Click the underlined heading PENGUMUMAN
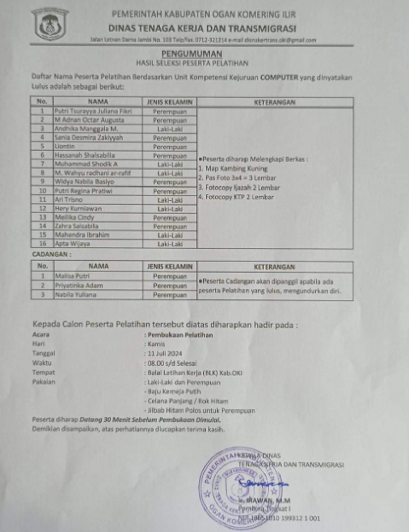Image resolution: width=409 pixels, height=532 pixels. point(192,54)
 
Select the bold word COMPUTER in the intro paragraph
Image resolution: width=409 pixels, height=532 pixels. point(279,77)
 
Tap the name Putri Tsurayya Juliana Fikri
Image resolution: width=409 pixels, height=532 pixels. point(93,111)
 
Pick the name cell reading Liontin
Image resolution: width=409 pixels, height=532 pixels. point(65,146)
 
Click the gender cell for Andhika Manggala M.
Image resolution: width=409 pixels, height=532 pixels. point(170,129)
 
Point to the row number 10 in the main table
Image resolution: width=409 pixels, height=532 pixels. point(42,191)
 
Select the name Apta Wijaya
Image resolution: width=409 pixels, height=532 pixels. point(72,244)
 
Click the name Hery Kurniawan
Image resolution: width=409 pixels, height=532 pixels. point(78,209)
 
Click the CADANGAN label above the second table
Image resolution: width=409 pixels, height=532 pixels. point(51,254)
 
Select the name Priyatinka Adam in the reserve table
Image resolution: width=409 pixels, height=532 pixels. point(79,286)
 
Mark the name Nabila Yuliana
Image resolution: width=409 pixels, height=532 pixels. point(76,295)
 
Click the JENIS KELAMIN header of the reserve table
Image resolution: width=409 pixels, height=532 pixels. point(170,267)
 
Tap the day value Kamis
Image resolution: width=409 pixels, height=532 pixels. point(156,344)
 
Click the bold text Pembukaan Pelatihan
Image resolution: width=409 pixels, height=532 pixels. point(180,335)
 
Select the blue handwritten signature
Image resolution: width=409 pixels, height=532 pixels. point(262,483)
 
